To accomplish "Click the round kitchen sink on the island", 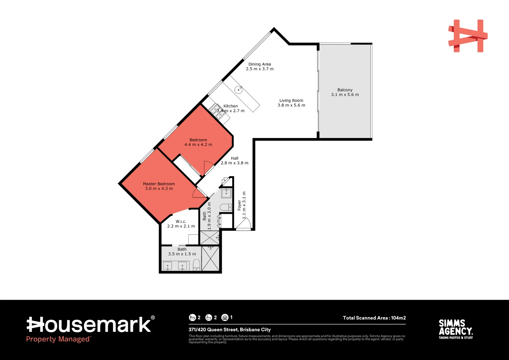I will tap(238, 90).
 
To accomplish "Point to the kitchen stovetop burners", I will tap(217, 111).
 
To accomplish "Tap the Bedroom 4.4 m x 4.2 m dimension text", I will tap(198, 145).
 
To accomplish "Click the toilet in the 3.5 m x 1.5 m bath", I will tap(197, 265).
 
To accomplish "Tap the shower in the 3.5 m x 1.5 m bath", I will tap(211, 259).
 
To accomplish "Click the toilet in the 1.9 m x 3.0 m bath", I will tap(226, 207).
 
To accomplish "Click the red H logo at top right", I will tap(467, 36).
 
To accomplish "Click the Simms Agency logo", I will tap(455, 329).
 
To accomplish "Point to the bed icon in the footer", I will tap(192, 318).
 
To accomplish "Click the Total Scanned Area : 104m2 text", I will tap(374, 318).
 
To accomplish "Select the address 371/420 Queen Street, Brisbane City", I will tap(230, 330).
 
